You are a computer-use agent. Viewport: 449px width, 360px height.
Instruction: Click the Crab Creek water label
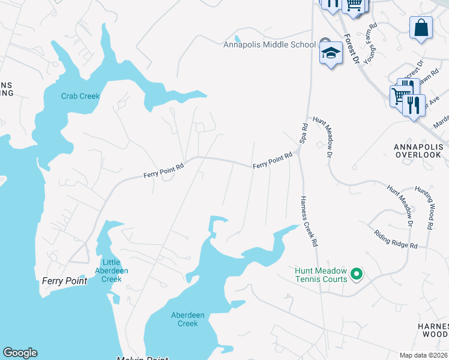coord(80,96)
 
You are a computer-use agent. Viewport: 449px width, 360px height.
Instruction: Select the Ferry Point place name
coord(64,281)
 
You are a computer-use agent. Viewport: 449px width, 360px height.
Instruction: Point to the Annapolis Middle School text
coord(270,44)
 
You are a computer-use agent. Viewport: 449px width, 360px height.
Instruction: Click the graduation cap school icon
coord(330,53)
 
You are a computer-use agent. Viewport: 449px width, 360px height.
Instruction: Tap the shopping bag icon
coord(421,28)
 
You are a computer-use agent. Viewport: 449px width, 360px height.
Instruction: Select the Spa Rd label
coord(304,133)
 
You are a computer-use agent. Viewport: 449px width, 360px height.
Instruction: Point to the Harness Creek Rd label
coord(308,222)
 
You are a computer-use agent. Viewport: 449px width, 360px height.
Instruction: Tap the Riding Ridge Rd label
coord(396,239)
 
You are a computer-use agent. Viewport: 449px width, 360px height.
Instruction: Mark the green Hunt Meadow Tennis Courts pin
coord(356,274)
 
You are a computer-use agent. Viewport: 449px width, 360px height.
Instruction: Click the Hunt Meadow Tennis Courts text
coord(321,275)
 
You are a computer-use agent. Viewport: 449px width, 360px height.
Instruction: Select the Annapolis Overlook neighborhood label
coord(418,151)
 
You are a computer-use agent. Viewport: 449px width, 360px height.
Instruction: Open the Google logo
coord(20,353)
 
